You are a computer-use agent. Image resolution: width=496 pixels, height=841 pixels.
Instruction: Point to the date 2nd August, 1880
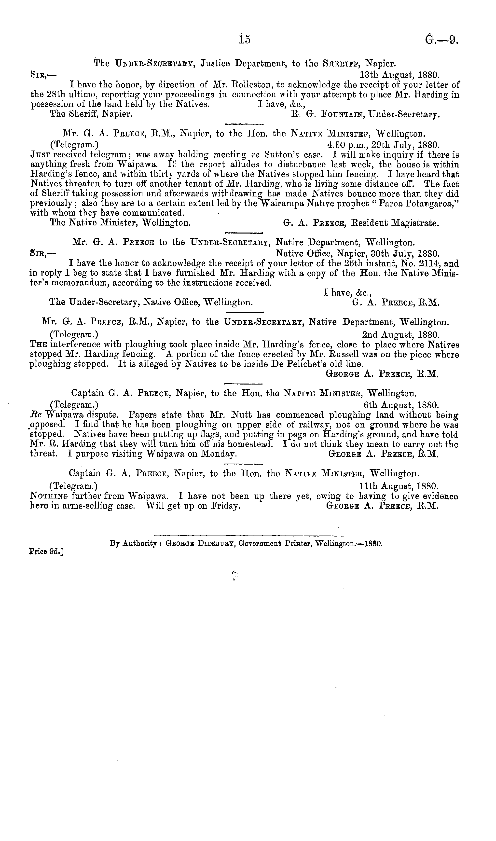pyautogui.click(x=400, y=334)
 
